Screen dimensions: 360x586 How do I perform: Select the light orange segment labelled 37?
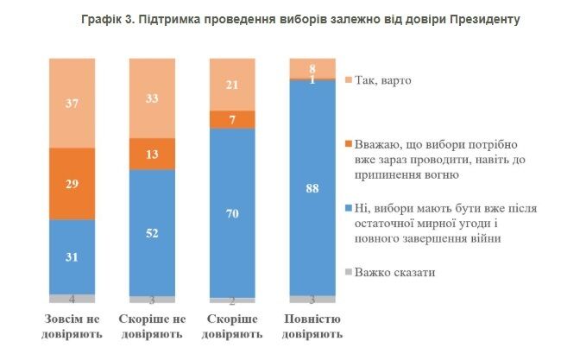tap(72, 103)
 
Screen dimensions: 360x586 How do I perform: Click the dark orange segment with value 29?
tap(72, 184)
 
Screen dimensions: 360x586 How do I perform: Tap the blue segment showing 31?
tap(72, 256)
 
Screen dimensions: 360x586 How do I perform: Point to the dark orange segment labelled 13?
tap(152, 154)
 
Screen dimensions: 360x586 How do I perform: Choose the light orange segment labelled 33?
tap(152, 98)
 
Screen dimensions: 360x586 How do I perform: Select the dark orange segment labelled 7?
tap(233, 118)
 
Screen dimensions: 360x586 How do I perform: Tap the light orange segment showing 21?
tap(233, 84)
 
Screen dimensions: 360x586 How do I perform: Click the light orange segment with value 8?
tap(312, 67)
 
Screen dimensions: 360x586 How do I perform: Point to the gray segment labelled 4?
tap(72, 299)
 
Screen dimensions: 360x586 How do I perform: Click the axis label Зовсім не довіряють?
tap(72, 325)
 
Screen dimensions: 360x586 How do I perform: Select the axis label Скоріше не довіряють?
tap(152, 325)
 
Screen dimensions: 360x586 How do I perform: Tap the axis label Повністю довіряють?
tap(312, 325)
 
